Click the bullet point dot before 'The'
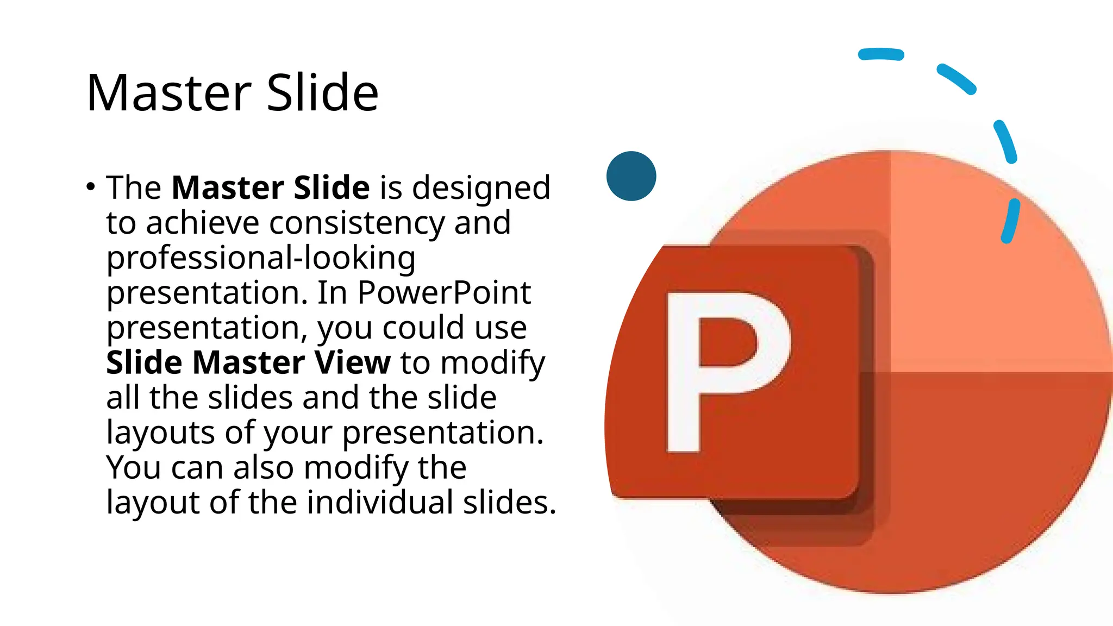click(x=91, y=187)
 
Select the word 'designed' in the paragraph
click(x=481, y=187)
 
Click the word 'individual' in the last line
click(x=380, y=502)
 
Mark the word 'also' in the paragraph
click(x=263, y=467)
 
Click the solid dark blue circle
click(x=631, y=176)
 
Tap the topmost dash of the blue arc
click(x=881, y=54)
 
